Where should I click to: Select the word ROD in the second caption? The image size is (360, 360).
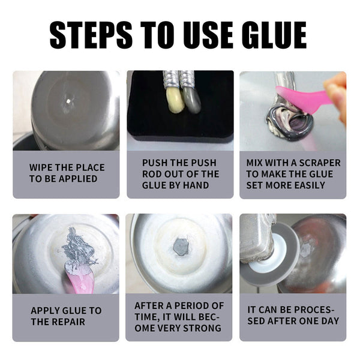coord(153,174)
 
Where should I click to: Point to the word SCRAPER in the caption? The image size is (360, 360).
coord(317,163)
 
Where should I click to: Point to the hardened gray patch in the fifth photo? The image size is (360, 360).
coord(179,247)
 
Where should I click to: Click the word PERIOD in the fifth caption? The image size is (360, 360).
coord(187,305)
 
